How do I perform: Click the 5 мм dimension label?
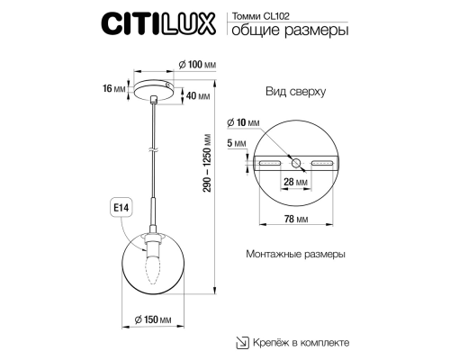coord(236,143)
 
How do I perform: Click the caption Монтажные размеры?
coord(294,255)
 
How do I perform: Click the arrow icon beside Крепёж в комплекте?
coord(242,342)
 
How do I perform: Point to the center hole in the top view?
coord(296,163)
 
